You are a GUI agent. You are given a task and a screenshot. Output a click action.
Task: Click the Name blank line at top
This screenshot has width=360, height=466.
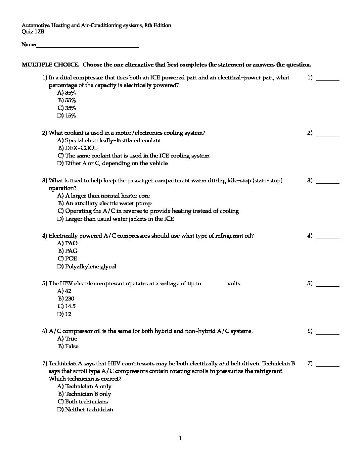coord(87,45)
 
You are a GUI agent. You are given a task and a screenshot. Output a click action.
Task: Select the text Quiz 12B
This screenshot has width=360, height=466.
coord(33,32)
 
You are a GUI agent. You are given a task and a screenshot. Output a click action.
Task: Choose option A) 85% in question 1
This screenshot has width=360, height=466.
coord(67,93)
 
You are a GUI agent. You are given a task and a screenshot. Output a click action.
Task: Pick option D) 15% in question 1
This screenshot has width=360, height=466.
coord(67,116)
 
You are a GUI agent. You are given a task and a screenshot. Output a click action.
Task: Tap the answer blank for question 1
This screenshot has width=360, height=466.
coord(328,79)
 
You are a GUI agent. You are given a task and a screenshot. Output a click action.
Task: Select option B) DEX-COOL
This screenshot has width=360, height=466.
coord(78,148)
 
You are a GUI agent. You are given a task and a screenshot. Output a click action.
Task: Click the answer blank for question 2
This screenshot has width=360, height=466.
coord(328,134)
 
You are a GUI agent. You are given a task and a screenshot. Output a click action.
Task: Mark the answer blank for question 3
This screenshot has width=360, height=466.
coord(328,182)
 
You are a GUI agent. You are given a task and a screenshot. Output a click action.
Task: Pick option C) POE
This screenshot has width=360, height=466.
coord(67,259)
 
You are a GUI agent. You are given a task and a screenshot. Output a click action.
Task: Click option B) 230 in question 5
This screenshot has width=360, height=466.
coord(66,299)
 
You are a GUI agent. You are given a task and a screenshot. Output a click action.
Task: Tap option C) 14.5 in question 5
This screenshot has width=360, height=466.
coord(67,306)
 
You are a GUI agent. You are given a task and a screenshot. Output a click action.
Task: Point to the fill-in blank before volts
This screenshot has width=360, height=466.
coord(214,284)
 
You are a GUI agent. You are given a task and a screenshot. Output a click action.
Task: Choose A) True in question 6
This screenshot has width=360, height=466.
coord(67,339)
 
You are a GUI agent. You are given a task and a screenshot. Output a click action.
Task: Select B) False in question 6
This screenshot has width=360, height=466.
coord(68,347)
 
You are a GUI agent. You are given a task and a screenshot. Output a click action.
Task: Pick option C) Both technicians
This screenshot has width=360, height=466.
coord(83,402)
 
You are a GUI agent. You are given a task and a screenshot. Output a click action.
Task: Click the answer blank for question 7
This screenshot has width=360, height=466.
coord(328,365)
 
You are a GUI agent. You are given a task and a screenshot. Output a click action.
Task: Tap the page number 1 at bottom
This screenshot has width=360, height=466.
coord(180,439)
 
